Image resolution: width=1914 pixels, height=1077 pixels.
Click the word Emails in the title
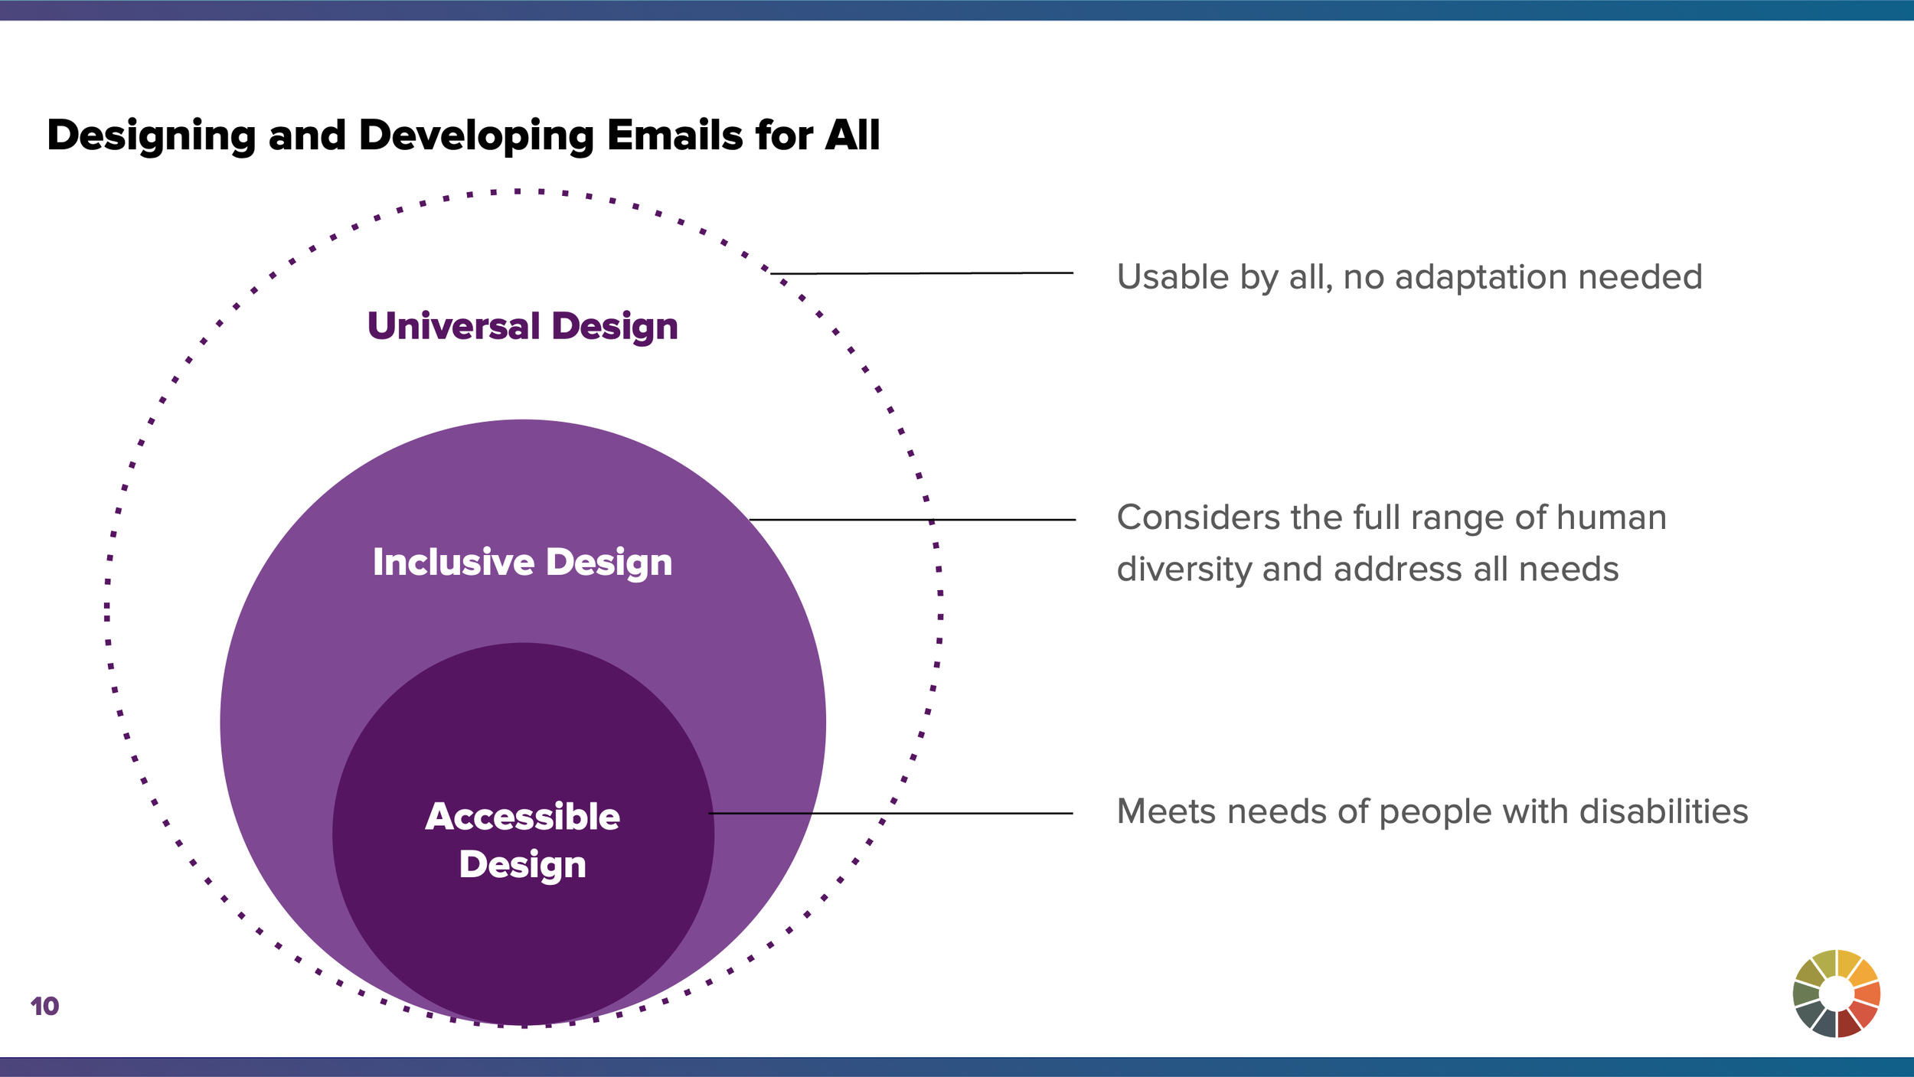coord(674,135)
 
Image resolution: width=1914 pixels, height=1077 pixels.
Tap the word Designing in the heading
coord(151,137)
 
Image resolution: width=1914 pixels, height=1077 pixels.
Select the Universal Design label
coord(523,327)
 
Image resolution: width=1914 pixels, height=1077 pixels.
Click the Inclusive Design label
coord(523,563)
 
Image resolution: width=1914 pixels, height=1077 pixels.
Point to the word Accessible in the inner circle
coord(523,817)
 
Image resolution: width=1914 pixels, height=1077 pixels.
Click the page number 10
coord(44,1006)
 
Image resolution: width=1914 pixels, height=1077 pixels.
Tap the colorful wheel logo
coord(1836,994)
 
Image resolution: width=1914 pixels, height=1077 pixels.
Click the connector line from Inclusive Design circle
coord(911,520)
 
